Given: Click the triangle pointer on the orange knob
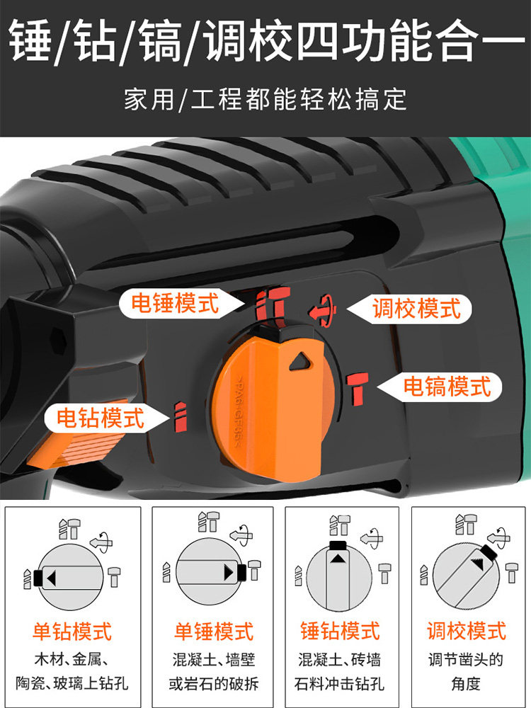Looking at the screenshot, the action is [300, 361].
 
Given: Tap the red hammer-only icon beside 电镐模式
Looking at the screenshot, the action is [358, 388].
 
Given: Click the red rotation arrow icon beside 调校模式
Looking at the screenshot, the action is [324, 310].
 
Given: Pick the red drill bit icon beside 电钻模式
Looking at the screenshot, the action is [180, 416].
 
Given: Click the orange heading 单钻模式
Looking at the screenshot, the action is [72, 631].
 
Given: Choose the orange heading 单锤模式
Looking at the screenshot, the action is [214, 631].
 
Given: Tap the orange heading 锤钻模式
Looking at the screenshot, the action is [340, 631].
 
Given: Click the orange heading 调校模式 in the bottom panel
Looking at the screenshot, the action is [467, 631].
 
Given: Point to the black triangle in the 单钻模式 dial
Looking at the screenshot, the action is [51, 578].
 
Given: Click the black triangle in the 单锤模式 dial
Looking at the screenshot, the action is [229, 573].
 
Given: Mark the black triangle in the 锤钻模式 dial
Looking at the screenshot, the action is [337, 559].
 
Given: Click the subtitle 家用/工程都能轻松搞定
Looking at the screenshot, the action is [265, 99].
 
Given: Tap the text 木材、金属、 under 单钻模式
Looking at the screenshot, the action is [72, 660].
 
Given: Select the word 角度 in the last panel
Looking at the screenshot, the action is [467, 683].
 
